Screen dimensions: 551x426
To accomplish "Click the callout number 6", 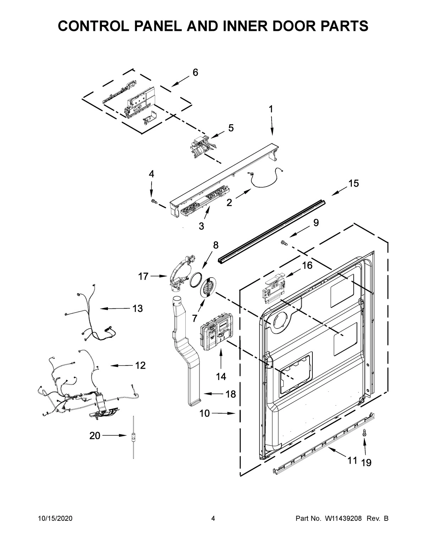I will (x=195, y=72).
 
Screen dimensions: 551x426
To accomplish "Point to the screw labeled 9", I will (x=284, y=242).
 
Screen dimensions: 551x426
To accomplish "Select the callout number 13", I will (x=137, y=308).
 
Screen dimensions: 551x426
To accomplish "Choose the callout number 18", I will (x=230, y=394).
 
